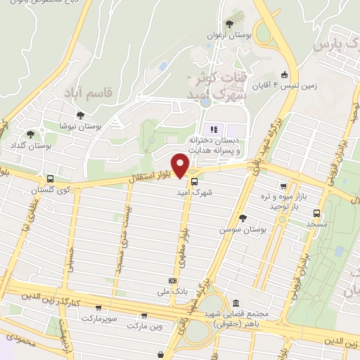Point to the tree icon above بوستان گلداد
coord(30,134)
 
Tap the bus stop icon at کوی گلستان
coord(49,179)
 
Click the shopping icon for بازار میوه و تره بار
coord(283,186)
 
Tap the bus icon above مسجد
coord(317,212)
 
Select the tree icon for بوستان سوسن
coord(243,218)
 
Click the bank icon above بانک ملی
coord(172,280)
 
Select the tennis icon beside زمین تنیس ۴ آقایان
coord(284,75)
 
